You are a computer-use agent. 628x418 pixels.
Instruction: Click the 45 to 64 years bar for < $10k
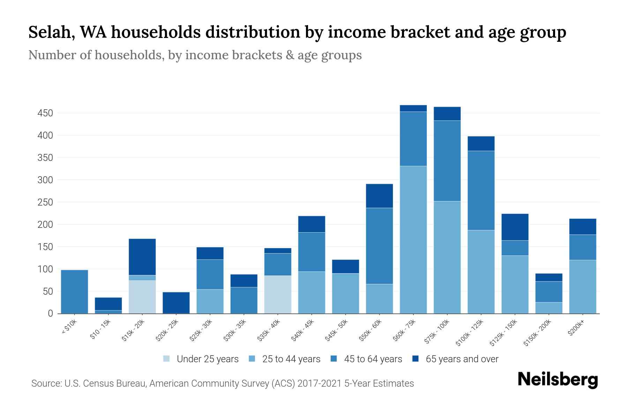click(74, 292)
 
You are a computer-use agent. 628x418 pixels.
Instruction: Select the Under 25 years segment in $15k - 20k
click(142, 297)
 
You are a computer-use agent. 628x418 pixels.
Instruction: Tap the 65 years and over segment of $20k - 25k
click(176, 303)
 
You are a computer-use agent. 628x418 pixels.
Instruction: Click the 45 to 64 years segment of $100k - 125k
click(481, 190)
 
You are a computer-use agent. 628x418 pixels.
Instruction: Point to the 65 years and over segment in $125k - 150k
click(515, 227)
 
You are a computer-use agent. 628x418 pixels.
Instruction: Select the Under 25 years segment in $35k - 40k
click(278, 294)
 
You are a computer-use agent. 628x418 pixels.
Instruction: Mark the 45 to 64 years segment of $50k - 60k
click(379, 246)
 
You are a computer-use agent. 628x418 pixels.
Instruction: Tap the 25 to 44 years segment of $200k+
click(583, 287)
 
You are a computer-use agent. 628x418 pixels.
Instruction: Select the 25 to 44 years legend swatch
click(252, 359)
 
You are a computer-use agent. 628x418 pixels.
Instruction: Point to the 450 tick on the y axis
click(45, 113)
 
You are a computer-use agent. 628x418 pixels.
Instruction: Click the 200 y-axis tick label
click(45, 225)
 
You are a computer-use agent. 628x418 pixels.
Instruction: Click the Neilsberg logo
click(558, 380)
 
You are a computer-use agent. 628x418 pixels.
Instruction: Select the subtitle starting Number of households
click(195, 55)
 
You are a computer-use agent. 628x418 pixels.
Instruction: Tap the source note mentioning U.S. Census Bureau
click(223, 384)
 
